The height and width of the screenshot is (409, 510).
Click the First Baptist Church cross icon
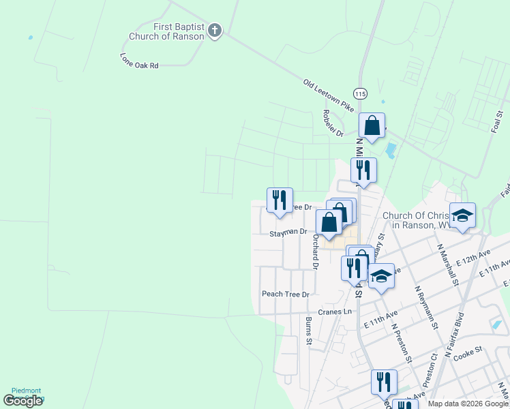215,31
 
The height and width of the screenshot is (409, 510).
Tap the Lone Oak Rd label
139,61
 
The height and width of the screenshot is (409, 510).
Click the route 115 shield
359,93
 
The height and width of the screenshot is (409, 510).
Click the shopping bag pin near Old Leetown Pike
372,126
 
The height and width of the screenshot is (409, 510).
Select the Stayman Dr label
288,232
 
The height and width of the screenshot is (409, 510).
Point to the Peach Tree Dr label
286,294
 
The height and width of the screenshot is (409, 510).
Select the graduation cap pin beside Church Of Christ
462,216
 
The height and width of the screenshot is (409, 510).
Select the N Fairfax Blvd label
455,335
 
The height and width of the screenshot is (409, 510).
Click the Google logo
23,401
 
